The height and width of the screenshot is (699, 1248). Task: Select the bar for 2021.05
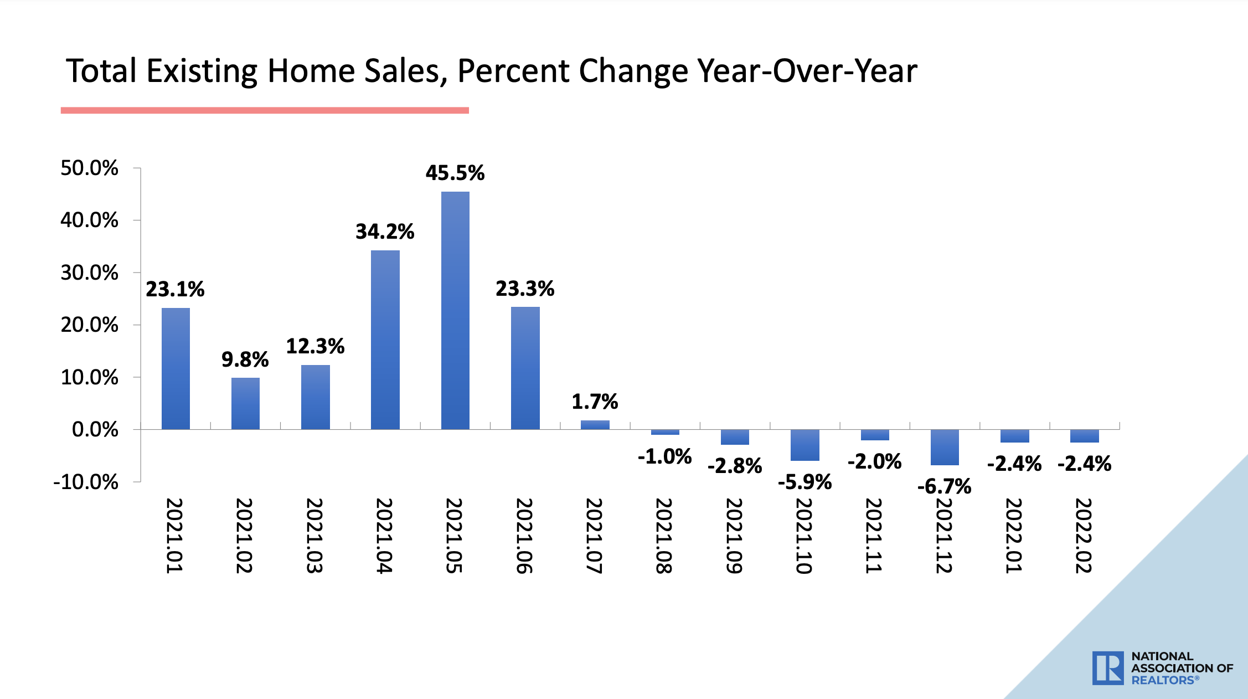[455, 310]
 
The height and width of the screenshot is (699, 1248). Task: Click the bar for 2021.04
[385, 340]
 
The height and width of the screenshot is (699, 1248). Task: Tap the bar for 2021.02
[245, 403]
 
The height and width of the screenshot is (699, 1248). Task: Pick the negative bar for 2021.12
[945, 447]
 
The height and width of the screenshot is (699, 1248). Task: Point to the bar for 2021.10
[805, 445]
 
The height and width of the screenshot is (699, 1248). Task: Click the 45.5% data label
[455, 173]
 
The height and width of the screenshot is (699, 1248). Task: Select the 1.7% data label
[595, 402]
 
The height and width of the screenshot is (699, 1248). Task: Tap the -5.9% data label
[805, 482]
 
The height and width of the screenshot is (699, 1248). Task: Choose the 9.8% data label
[245, 359]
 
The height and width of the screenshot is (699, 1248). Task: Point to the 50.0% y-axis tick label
[89, 168]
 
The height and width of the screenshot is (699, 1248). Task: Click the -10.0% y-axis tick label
[86, 482]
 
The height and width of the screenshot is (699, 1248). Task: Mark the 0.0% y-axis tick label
[95, 429]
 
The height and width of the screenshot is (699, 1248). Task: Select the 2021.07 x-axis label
[594, 536]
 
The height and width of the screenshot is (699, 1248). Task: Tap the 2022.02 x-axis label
[1084, 536]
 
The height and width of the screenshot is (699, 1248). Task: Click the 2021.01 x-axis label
[174, 536]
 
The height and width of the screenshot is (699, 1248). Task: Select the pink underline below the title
[265, 110]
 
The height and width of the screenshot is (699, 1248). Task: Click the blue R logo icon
[1108, 668]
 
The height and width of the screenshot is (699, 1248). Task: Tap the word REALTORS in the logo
[1163, 680]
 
